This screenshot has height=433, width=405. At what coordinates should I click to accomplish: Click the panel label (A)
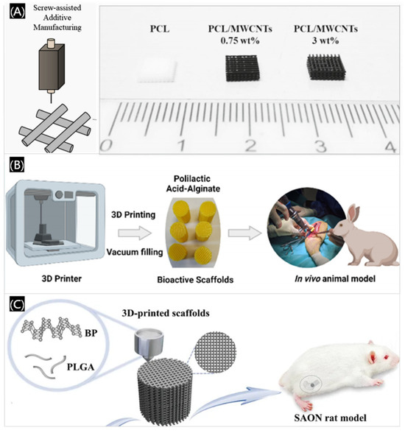(15, 12)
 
